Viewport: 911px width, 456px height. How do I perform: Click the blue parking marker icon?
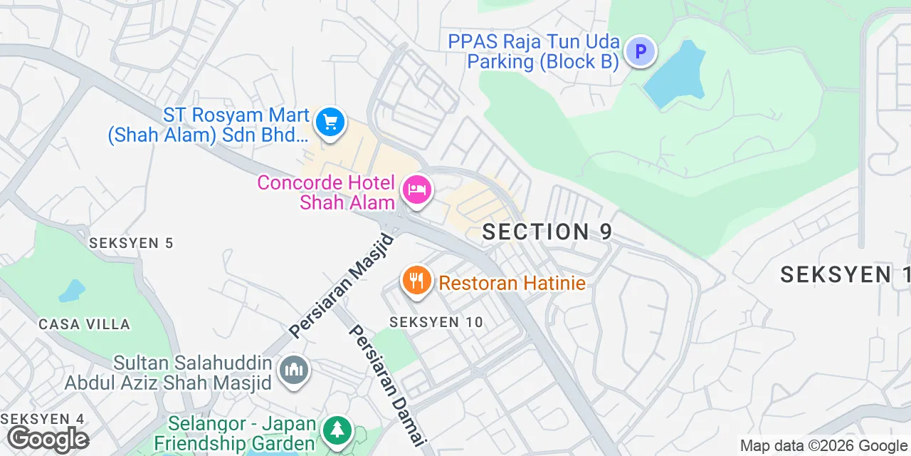(x=640, y=52)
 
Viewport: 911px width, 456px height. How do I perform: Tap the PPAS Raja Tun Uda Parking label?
(x=534, y=52)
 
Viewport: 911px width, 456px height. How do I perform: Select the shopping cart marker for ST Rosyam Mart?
(x=330, y=123)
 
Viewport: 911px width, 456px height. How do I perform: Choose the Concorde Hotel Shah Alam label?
(x=327, y=192)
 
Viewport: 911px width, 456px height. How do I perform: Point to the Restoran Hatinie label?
(x=512, y=284)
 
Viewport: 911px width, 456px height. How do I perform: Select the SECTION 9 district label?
(x=547, y=232)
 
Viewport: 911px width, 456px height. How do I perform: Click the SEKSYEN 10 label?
(x=436, y=322)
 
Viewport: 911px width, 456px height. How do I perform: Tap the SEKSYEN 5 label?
(x=131, y=243)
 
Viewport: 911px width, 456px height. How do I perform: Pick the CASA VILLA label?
(x=85, y=324)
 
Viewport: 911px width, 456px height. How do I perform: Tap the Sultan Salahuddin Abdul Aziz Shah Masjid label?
(x=168, y=373)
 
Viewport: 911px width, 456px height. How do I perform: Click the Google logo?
(x=48, y=439)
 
